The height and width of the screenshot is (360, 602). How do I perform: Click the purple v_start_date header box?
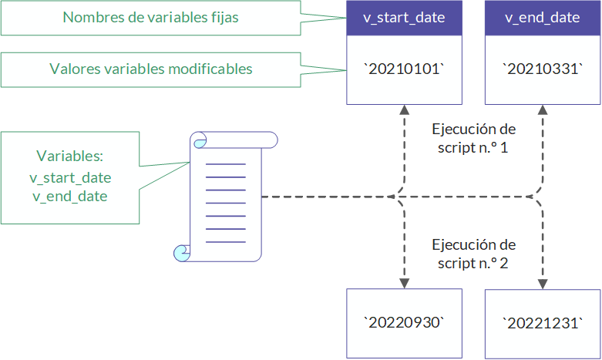click(404, 18)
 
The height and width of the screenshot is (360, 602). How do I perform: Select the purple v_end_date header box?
click(543, 18)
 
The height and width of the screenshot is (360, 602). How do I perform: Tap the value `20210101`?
click(404, 69)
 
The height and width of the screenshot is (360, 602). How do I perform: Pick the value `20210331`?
click(543, 69)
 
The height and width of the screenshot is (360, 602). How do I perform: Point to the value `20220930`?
click(404, 323)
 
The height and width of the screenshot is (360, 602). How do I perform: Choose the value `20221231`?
click(543, 323)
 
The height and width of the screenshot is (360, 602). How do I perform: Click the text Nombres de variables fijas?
click(150, 17)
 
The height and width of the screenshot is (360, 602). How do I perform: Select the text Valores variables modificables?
click(151, 69)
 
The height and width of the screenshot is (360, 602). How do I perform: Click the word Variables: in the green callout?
click(70, 156)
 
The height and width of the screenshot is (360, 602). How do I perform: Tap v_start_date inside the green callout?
click(70, 178)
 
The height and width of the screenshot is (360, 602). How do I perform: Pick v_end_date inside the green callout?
click(70, 196)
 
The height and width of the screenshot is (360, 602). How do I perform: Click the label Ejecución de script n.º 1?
click(473, 138)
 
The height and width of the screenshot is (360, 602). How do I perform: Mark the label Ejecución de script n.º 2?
click(473, 254)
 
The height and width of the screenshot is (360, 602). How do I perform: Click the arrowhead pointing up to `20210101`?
click(404, 109)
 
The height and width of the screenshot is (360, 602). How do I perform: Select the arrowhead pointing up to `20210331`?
click(543, 109)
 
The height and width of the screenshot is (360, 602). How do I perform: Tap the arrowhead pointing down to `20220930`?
click(404, 284)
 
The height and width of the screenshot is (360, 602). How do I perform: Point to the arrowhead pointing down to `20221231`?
click(543, 284)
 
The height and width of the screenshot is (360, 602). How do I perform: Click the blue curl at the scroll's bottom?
click(181, 254)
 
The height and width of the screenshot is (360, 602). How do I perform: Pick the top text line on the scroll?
click(225, 164)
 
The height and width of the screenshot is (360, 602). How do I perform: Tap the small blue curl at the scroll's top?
click(200, 143)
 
